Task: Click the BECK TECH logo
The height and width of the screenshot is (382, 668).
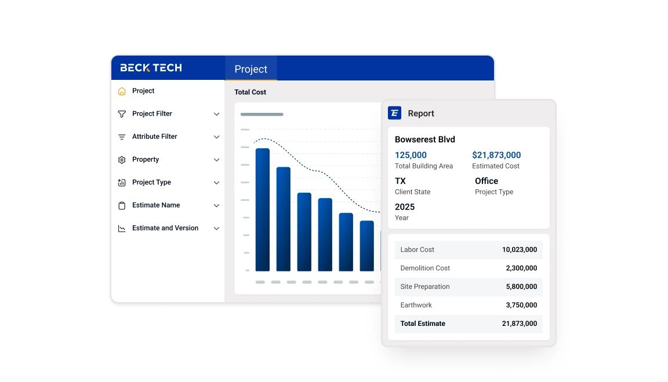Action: pos(151,68)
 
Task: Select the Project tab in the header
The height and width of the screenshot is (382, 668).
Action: pos(251,69)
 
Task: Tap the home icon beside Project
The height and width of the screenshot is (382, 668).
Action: pos(122,91)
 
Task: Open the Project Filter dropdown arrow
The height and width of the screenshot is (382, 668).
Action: pos(216,114)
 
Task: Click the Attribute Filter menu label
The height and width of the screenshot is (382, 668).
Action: pos(154,137)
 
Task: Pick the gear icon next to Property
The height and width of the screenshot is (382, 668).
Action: pos(122,160)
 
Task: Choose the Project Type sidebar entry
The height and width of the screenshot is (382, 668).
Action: pos(151,182)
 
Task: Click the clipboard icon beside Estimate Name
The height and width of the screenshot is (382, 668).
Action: pos(122,205)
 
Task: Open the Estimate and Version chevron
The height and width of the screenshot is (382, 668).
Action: pos(216,229)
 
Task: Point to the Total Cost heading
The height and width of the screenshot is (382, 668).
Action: pos(250,92)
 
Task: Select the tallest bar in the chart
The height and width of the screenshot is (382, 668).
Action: pos(263,210)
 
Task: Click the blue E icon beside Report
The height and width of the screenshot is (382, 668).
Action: pos(394,113)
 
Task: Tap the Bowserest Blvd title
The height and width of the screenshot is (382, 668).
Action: pos(424,139)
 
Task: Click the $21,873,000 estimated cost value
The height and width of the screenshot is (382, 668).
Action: pos(496,155)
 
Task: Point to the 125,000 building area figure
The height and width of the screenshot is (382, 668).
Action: pos(411,155)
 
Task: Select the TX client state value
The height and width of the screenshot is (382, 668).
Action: pos(400,181)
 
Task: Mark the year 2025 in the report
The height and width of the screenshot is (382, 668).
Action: pos(404,207)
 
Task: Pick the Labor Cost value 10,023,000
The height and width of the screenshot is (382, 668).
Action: pos(519,250)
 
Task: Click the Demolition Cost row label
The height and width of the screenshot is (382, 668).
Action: pos(425,269)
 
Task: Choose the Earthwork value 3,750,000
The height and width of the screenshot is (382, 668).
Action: pos(521,305)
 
